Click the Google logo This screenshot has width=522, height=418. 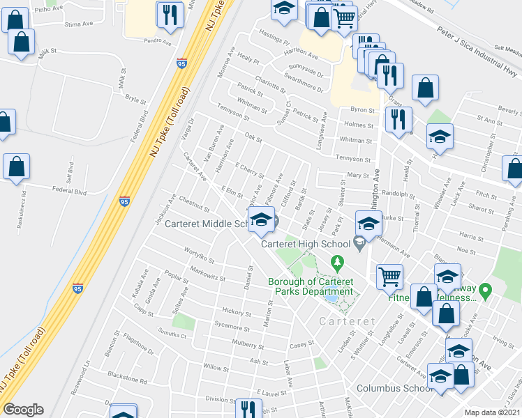23,410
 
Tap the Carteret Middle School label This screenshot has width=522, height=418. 207,224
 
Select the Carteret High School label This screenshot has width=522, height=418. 305,244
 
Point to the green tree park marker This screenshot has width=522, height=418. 338,263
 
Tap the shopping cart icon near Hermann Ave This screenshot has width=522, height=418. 390,276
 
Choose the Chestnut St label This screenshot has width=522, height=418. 194,206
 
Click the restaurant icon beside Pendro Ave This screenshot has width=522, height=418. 170,15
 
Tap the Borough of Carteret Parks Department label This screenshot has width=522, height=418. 311,286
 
